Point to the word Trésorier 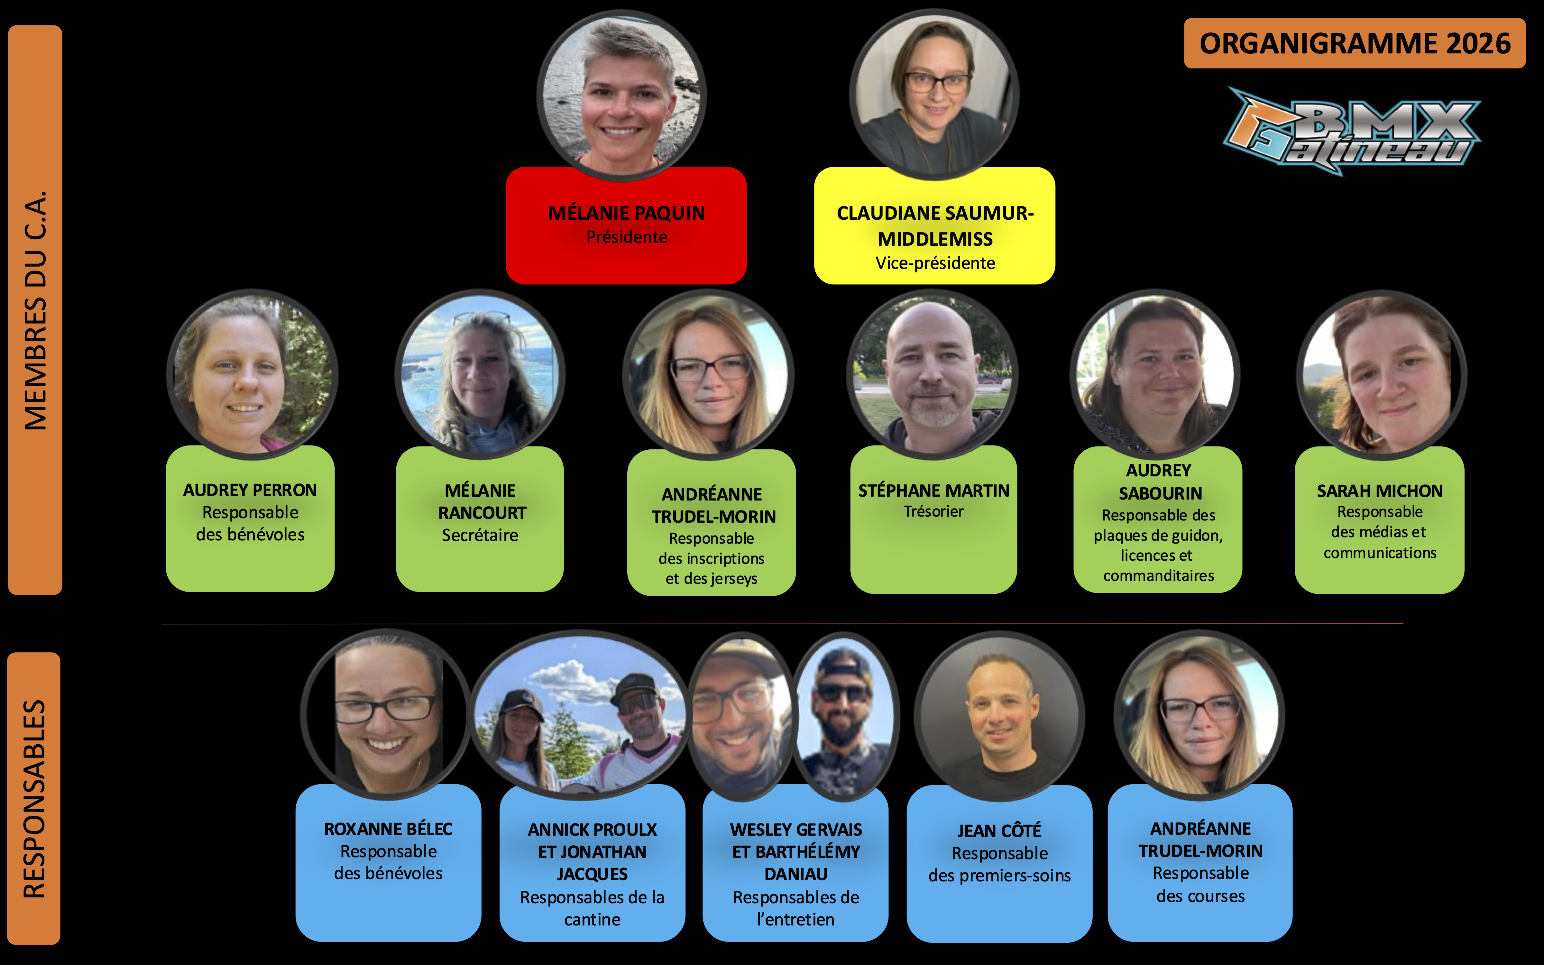point(933,511)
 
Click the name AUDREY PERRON point(250,490)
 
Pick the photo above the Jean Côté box point(999,715)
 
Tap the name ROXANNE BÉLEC point(388,829)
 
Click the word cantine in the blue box point(592,920)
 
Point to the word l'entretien point(795,920)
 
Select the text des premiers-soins point(999,876)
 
